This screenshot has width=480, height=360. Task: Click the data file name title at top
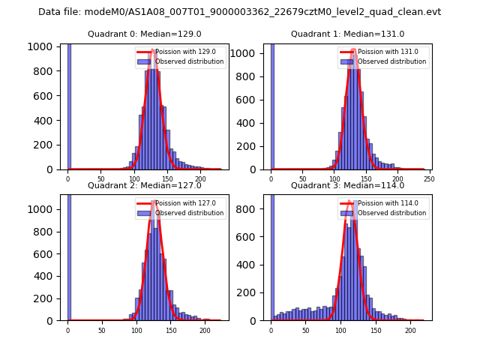click(x=239, y=12)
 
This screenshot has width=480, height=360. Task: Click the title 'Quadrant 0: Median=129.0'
click(x=144, y=34)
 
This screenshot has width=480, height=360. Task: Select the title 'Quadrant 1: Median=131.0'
click(x=347, y=34)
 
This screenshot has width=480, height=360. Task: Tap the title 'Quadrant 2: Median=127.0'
click(x=144, y=185)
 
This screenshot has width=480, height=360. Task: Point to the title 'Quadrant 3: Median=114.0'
click(x=347, y=185)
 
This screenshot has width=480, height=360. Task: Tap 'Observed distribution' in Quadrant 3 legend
click(x=391, y=212)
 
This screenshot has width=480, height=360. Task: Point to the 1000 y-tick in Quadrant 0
click(x=41, y=46)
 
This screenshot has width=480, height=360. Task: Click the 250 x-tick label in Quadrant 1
click(x=429, y=178)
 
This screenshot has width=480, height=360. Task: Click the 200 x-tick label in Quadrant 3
click(x=410, y=329)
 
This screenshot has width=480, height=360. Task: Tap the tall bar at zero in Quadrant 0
click(x=69, y=105)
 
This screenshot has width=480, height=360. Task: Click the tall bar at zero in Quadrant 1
click(x=271, y=105)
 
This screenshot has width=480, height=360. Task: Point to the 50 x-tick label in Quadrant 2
click(x=102, y=329)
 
